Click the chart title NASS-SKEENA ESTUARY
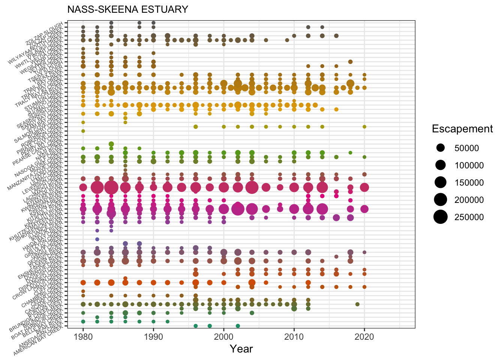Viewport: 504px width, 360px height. click(127, 9)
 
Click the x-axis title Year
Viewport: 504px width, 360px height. click(241, 349)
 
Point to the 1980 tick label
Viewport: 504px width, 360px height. click(83, 336)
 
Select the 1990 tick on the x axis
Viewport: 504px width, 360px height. click(153, 336)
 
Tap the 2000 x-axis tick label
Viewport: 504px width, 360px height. click(224, 336)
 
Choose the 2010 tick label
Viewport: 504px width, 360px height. click(294, 336)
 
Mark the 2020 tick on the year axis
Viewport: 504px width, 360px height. click(364, 336)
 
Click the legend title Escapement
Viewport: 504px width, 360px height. click(462, 129)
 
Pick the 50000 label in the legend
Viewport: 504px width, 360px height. click(466, 148)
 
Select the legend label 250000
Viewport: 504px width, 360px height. click(469, 217)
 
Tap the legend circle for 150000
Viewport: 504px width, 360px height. click(441, 183)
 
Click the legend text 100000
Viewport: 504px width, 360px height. click(469, 165)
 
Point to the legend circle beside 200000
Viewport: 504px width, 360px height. click(441, 200)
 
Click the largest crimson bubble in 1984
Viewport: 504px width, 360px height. click(111, 187)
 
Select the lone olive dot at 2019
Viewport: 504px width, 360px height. click(357, 304)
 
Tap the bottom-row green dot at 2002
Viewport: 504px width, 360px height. click(238, 326)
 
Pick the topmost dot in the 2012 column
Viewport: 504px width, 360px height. click(308, 27)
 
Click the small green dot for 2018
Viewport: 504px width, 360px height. click(350, 153)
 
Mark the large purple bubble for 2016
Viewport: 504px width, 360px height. click(336, 217)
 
